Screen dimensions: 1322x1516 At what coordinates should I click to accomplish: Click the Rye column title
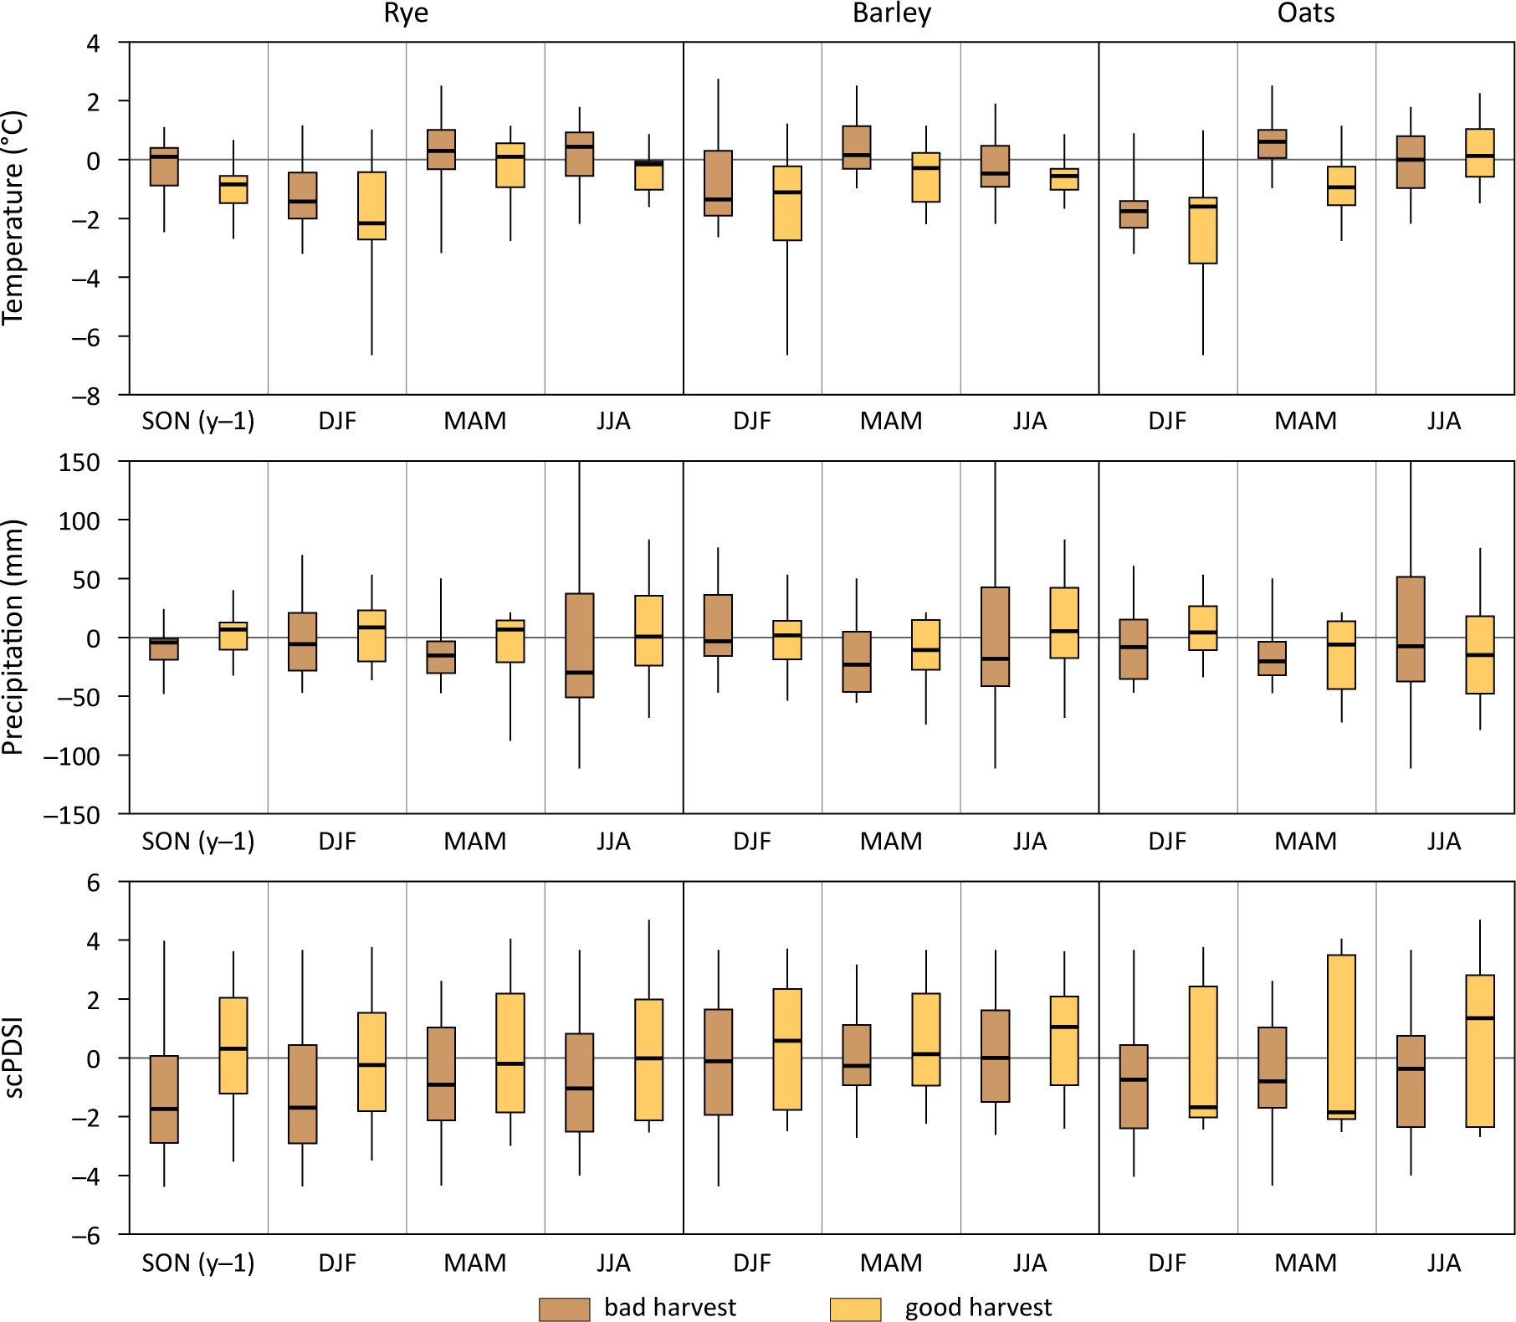[406, 13]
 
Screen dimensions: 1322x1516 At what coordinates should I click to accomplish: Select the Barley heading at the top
[891, 13]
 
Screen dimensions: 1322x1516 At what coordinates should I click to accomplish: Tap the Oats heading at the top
[1305, 13]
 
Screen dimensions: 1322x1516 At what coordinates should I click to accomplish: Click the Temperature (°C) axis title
[14, 218]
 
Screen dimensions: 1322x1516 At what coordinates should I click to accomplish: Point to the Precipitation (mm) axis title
[14, 638]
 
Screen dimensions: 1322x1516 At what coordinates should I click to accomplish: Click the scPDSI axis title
[14, 1058]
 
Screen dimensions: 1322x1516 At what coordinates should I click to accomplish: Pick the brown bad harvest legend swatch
[564, 1309]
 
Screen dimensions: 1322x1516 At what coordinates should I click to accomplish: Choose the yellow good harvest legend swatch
[855, 1309]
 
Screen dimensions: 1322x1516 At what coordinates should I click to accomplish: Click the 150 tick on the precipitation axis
[79, 463]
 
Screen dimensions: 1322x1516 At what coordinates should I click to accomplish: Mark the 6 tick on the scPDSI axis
[93, 883]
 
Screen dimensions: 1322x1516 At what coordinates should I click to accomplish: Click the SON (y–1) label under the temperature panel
[198, 421]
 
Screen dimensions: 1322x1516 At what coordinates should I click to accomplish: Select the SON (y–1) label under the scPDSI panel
[198, 1263]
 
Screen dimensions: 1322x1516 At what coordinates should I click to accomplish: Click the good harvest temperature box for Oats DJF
[1203, 231]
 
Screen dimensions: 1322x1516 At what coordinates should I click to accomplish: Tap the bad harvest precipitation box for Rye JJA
[580, 645]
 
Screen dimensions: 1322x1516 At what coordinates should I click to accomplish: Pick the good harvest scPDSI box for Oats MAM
[1341, 1037]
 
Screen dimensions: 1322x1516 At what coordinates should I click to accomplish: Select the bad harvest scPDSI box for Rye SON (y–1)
[164, 1099]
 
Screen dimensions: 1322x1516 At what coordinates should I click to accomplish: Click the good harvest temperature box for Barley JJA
[1064, 179]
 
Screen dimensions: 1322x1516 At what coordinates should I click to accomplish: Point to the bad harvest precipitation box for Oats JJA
[1411, 629]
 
